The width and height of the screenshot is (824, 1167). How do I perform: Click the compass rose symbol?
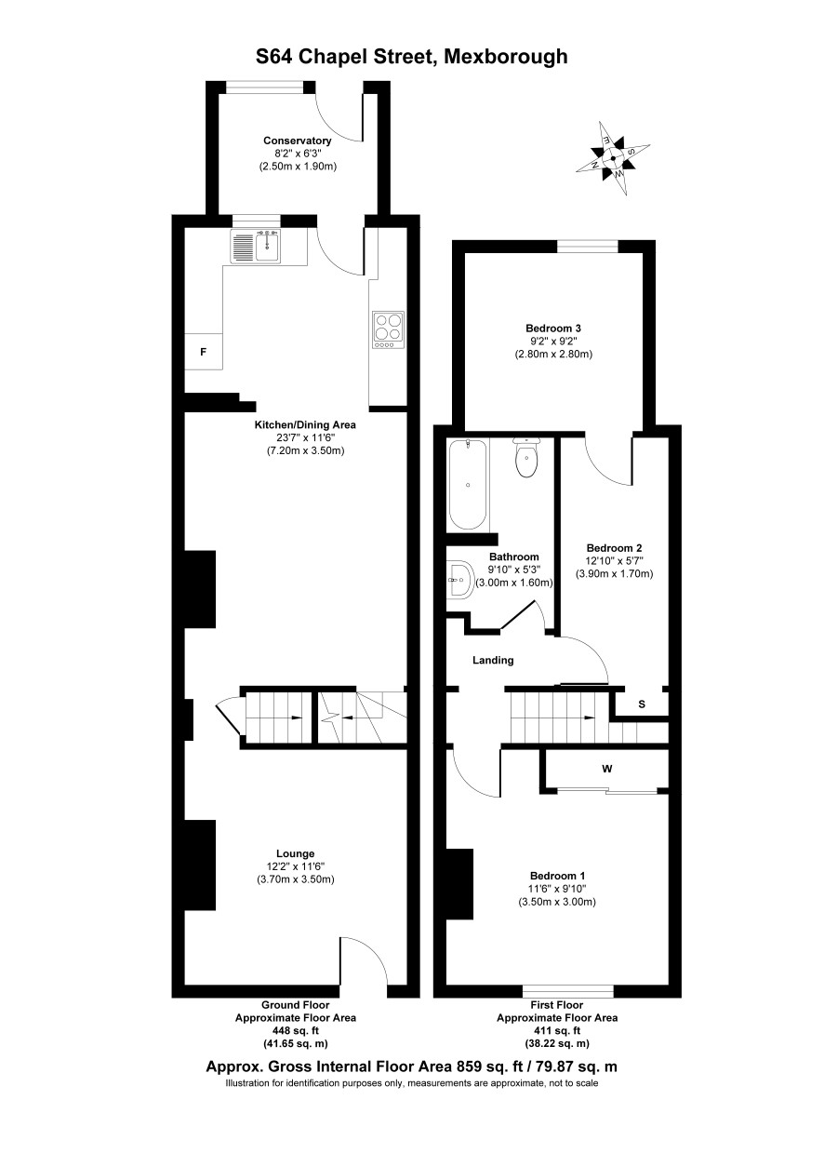(x=613, y=158)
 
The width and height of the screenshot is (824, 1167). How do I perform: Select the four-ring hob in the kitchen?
(x=388, y=330)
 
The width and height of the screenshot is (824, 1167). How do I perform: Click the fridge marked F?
(x=204, y=352)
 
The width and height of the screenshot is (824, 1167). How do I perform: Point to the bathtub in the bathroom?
(x=468, y=484)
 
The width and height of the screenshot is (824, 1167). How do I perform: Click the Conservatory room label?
(x=297, y=141)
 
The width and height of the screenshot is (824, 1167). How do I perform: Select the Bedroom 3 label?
(x=553, y=329)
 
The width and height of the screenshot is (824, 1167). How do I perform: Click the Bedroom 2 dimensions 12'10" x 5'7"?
(x=614, y=561)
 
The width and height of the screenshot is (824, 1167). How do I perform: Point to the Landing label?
(x=493, y=660)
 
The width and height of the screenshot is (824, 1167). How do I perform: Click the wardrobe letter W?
(x=607, y=769)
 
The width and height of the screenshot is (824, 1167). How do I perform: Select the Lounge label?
(x=295, y=853)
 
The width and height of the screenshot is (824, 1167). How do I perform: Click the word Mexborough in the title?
(x=505, y=56)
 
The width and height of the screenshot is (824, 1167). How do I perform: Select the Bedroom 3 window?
(x=588, y=246)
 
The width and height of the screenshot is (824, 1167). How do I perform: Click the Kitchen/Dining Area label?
(x=305, y=424)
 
